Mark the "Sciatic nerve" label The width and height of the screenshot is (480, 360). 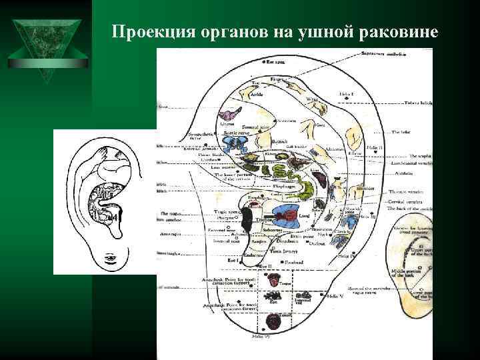[235, 133]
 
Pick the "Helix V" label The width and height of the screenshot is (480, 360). [335, 295]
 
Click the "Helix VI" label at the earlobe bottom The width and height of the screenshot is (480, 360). [261, 339]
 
